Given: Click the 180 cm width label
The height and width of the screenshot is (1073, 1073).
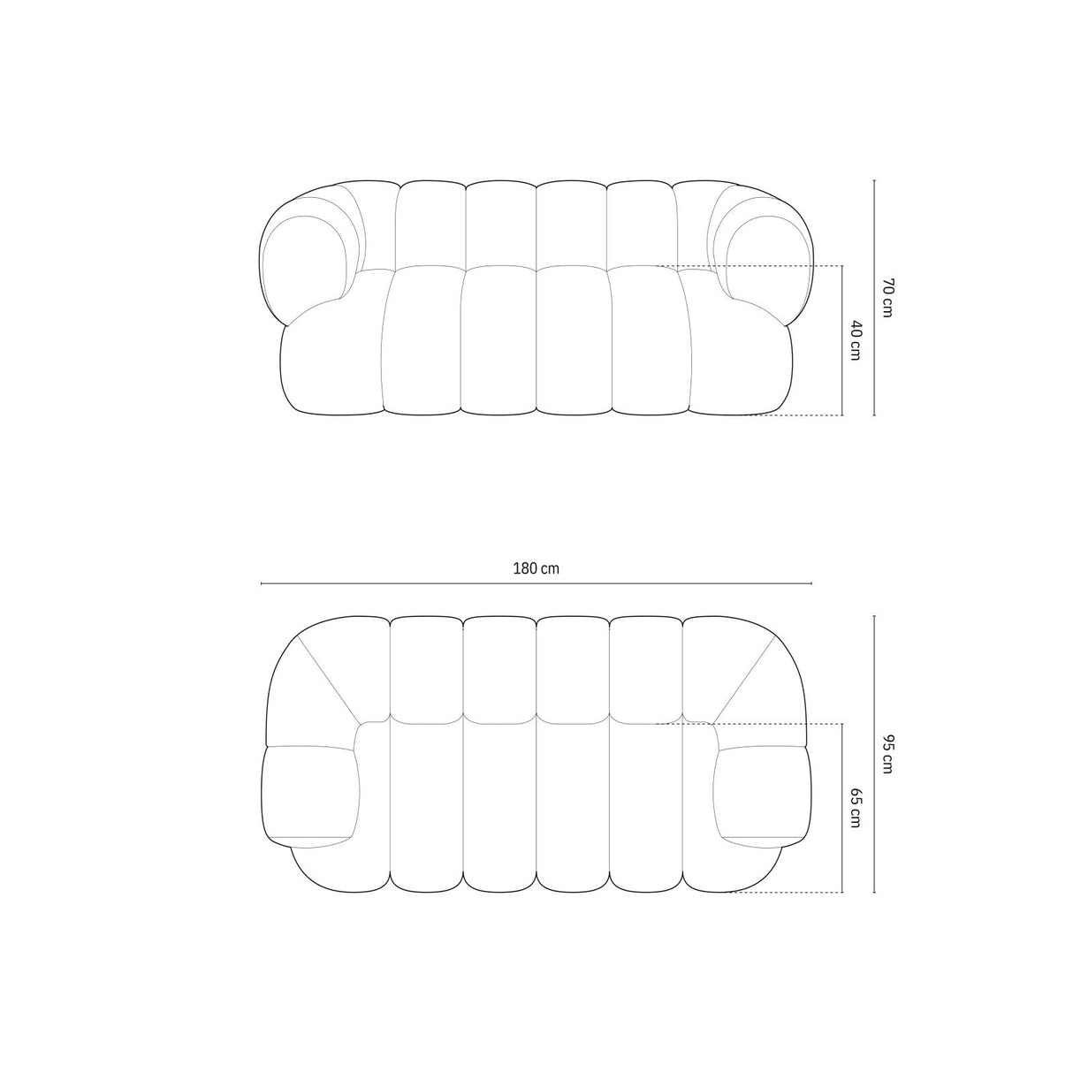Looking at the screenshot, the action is (x=536, y=568).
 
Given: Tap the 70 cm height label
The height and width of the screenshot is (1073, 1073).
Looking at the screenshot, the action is (x=887, y=298).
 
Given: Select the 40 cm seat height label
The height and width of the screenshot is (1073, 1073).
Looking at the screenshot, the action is (x=856, y=340).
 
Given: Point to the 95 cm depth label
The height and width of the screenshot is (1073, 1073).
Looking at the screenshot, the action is (x=887, y=754).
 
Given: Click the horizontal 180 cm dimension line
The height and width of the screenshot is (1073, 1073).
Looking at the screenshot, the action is (x=536, y=583).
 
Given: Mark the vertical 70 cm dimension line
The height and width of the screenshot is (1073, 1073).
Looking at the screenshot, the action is (x=874, y=297).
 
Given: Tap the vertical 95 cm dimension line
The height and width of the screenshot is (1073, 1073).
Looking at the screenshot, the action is (x=874, y=754).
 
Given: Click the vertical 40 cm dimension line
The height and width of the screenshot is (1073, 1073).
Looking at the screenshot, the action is (x=842, y=341).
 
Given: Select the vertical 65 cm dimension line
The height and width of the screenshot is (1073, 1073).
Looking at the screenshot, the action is (x=842, y=808).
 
